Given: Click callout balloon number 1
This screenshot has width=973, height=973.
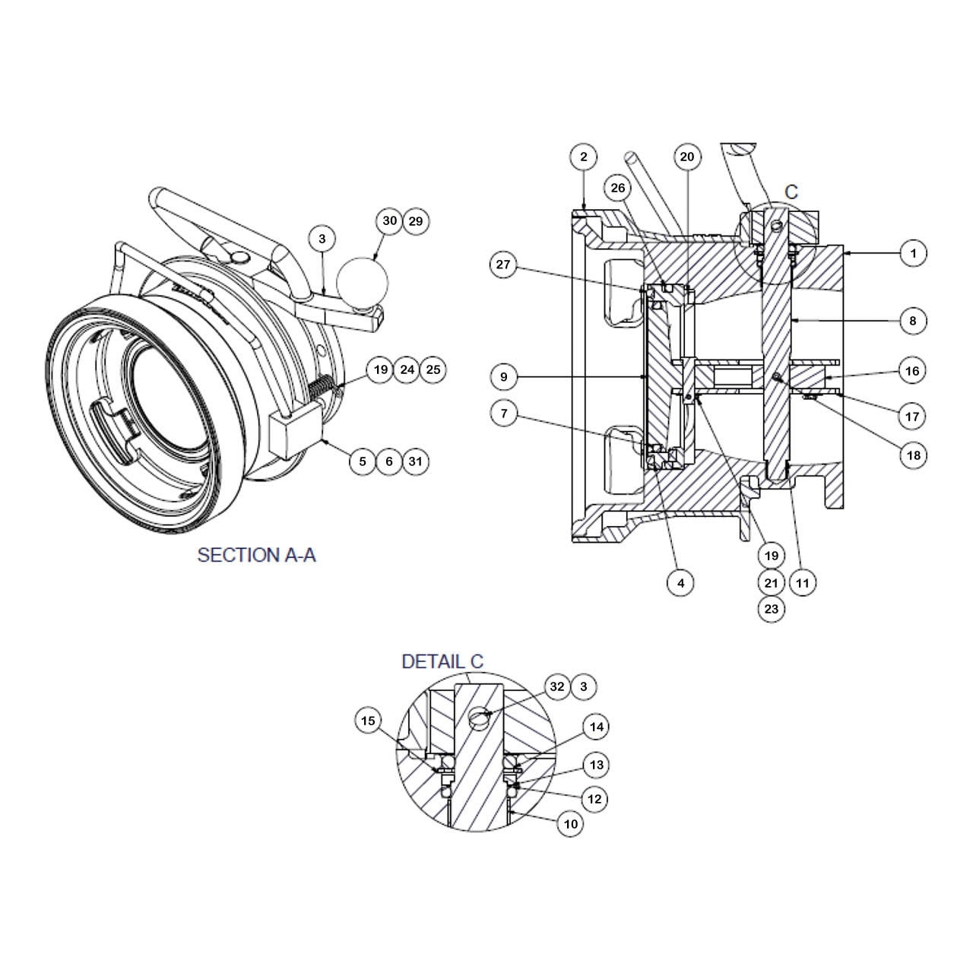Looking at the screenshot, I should [x=913, y=252].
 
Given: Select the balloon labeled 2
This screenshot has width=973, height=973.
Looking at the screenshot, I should [x=584, y=157].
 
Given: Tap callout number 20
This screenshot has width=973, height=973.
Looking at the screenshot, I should [x=687, y=157].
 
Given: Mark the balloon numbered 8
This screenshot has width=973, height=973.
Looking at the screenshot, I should [x=913, y=321].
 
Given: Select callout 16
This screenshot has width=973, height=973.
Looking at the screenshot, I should [x=913, y=371].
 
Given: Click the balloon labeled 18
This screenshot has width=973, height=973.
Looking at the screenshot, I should [x=913, y=455].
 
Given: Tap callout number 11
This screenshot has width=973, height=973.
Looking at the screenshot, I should [x=803, y=583].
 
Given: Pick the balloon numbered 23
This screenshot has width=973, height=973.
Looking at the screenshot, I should [x=772, y=609].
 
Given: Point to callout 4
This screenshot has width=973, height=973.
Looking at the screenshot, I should [x=680, y=583].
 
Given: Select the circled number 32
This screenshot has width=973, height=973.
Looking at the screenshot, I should [x=557, y=687].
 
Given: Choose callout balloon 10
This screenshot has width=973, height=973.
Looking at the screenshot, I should [x=571, y=823].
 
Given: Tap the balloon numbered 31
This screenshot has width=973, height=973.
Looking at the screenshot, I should [x=415, y=461].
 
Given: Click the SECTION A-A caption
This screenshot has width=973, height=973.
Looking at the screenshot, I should [x=256, y=555].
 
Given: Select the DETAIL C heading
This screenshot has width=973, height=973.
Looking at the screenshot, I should [x=442, y=662].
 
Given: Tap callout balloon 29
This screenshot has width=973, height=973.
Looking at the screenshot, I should [x=416, y=221].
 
